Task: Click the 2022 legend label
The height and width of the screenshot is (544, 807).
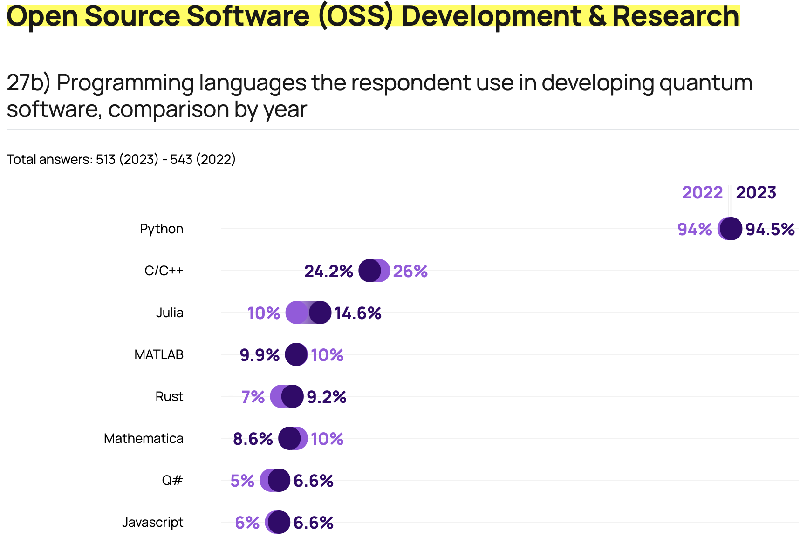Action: point(702,192)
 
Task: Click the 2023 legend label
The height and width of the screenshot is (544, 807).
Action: point(756,192)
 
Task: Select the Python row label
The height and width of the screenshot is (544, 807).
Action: point(161,229)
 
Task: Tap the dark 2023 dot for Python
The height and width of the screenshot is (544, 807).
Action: point(731,229)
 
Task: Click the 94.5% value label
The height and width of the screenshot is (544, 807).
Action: point(770,229)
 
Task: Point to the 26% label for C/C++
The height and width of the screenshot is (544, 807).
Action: point(410,271)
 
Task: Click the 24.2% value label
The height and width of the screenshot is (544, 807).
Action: point(328,271)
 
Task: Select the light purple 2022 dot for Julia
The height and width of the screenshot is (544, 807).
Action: point(296,313)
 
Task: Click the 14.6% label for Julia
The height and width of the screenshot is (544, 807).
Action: point(358,313)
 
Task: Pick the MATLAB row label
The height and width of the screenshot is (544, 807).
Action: point(159,354)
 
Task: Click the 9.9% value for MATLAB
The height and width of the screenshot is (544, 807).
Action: point(260,355)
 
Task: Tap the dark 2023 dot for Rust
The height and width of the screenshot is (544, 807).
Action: point(293,396)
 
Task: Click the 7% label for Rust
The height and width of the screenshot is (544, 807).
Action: point(253,397)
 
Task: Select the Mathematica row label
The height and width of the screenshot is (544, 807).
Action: point(144,438)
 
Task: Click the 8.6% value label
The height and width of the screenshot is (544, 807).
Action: point(253,439)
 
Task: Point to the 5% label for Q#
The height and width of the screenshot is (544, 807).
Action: point(242,481)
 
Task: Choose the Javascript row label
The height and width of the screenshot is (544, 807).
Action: point(152,522)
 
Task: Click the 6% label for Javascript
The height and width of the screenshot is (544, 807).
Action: point(247,523)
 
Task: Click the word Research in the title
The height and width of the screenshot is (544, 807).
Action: point(675,16)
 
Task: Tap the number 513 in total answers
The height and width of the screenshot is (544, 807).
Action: point(105,159)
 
